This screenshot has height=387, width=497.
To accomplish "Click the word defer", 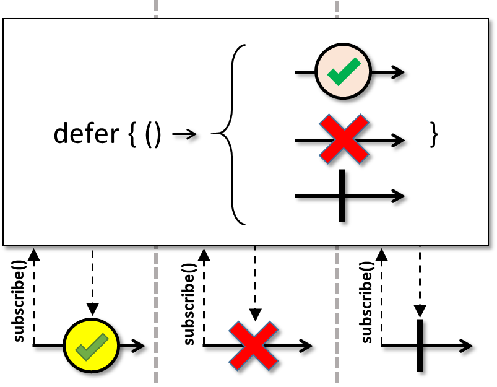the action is pos(87,134).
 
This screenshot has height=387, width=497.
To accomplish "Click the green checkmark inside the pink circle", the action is pos(344,72).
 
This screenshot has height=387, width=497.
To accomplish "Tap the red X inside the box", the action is pos(344,139).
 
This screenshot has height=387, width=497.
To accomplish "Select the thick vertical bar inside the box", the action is pos(342,196).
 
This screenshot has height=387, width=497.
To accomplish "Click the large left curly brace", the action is pos(232,134).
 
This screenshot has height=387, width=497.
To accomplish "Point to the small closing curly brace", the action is pos(434,134).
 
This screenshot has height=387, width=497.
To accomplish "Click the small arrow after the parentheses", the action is pos(184,134).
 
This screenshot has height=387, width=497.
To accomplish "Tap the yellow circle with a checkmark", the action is pos(92,345).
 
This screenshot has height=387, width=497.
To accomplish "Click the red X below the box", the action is pos(254,346).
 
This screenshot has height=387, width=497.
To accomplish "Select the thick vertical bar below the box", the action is pos(420,346).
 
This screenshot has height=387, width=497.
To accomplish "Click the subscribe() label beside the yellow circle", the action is pos(19,302).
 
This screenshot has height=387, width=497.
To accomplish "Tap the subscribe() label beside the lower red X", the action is pos(189,304).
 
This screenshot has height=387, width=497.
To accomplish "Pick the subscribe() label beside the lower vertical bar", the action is pos(367,302).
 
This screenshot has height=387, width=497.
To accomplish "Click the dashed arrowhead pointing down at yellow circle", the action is pos(93,309).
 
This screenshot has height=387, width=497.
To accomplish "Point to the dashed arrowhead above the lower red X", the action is pos(256,315).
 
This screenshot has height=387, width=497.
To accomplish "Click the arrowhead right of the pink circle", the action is pos(398,72).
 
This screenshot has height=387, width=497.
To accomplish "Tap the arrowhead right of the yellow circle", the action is pos(139,346).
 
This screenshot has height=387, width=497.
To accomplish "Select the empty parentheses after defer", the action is pos(153,134).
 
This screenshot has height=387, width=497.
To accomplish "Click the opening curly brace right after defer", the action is pos(132,134).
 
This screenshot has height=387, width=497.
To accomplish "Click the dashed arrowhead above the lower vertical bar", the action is pos(420,311).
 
